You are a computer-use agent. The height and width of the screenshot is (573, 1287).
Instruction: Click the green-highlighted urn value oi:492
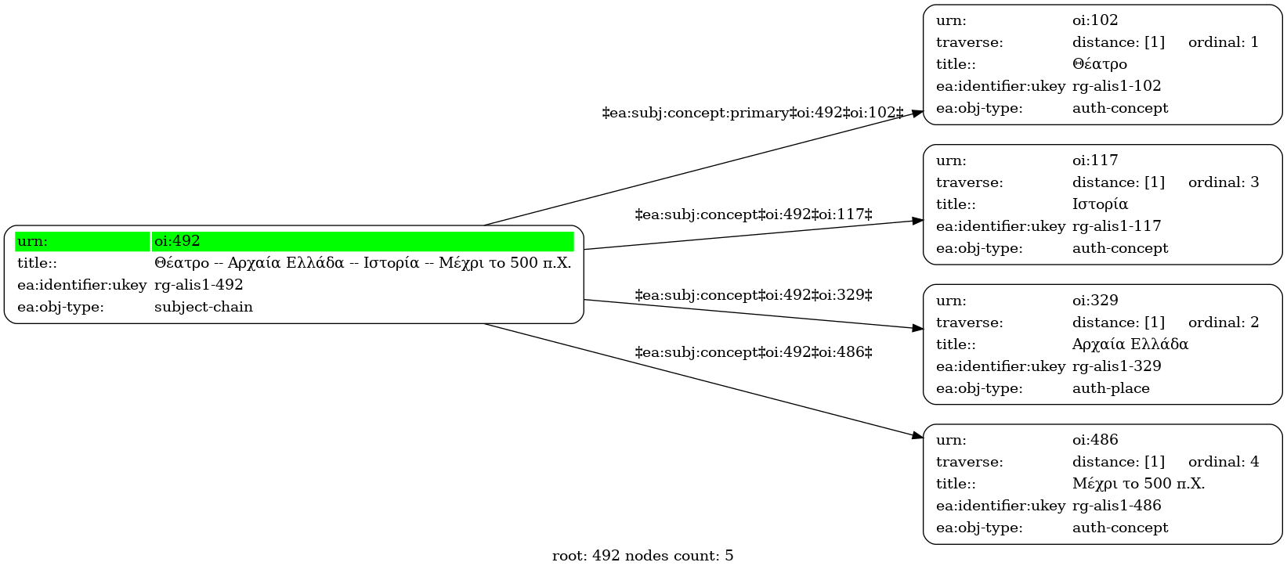(177, 241)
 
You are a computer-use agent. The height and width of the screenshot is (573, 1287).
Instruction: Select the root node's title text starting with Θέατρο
(363, 263)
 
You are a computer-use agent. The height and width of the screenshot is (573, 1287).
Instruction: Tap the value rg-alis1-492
(199, 285)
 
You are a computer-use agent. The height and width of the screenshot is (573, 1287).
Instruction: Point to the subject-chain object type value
(204, 307)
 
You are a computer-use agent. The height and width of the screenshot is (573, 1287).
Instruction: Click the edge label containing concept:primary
(753, 113)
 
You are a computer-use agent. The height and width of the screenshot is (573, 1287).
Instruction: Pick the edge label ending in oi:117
(754, 214)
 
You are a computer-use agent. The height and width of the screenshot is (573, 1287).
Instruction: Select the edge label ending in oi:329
(754, 295)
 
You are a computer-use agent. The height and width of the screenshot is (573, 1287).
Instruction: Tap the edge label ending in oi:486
(754, 352)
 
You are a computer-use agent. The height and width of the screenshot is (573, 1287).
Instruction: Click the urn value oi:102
(1095, 20)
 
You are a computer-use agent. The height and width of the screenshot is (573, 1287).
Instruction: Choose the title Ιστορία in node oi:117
(1101, 204)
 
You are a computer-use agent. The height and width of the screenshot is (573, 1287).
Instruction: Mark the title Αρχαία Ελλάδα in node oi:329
(1130, 344)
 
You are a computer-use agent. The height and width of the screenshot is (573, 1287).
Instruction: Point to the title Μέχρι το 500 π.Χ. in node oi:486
(1138, 484)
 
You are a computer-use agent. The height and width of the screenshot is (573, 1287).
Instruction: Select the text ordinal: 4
(1224, 462)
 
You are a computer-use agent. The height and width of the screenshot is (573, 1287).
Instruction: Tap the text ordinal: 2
(1224, 322)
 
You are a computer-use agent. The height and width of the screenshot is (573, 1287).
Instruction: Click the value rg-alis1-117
(1116, 226)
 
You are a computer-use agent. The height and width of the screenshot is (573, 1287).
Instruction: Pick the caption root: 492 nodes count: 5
(642, 556)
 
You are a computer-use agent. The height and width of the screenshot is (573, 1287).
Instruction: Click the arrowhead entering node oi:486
(917, 436)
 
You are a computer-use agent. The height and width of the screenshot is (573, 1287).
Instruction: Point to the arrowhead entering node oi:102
(917, 113)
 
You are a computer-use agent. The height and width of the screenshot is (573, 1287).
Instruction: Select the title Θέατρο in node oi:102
(1100, 63)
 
